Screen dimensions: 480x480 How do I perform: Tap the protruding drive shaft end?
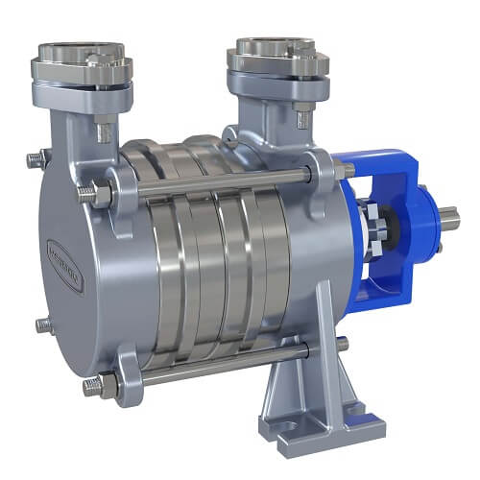coord(449,221)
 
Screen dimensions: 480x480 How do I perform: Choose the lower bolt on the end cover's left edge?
coord(42,324)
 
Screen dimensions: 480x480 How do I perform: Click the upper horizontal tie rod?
coord(221,183)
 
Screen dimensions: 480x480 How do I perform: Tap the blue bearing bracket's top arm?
coord(384,164)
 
